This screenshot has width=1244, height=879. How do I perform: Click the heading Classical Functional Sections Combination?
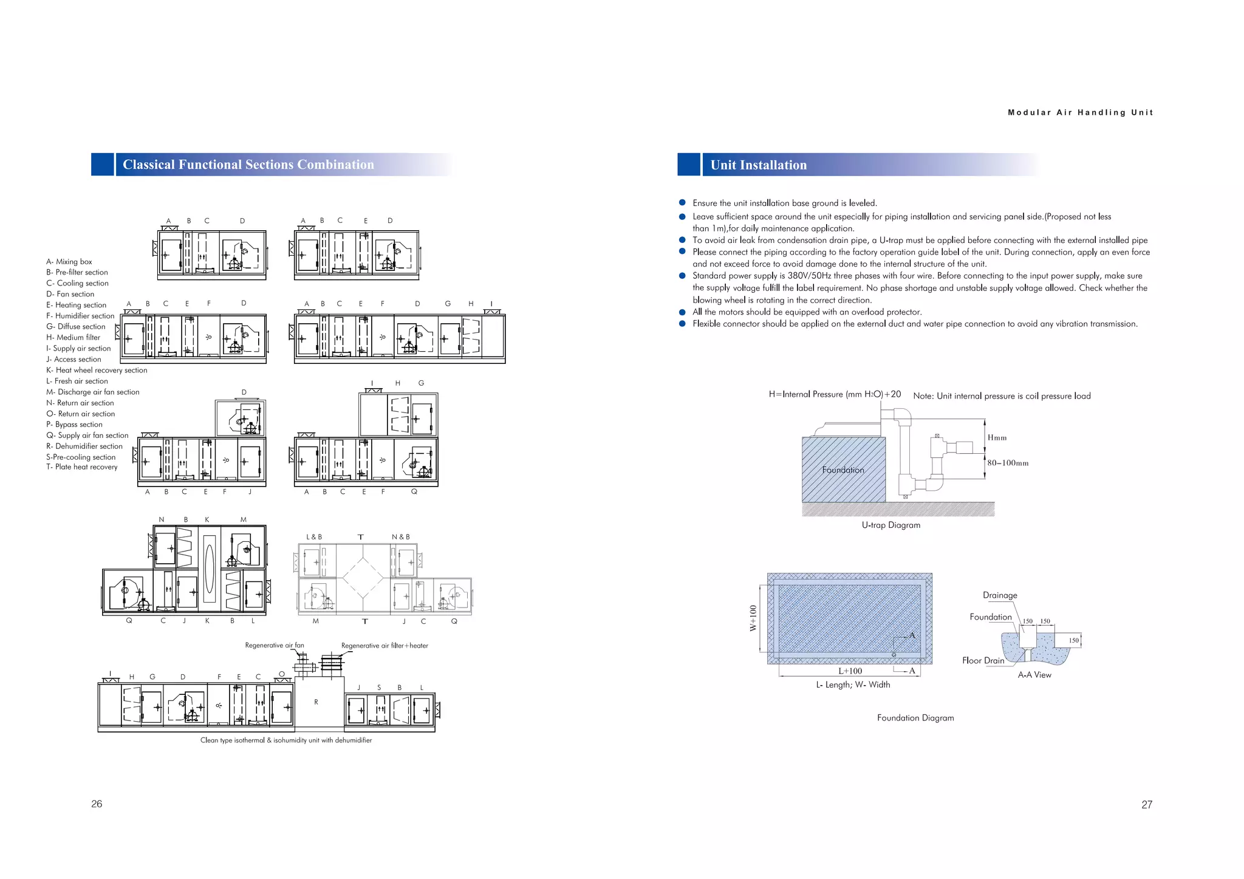(x=248, y=165)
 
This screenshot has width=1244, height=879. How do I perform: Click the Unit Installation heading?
(x=758, y=165)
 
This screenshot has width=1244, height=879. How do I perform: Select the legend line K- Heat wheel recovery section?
(x=97, y=370)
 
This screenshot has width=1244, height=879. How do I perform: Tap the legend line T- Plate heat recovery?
(x=82, y=467)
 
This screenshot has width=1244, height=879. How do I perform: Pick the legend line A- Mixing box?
(x=69, y=262)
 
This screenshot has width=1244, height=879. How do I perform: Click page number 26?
(x=97, y=804)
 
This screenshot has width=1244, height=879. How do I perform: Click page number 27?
(x=1146, y=804)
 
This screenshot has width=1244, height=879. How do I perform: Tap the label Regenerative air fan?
(x=275, y=645)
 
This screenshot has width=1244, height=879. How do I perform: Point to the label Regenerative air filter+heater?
(x=384, y=646)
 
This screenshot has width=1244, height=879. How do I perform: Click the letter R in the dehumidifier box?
(x=316, y=702)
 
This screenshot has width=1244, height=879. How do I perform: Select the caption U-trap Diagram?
(x=890, y=525)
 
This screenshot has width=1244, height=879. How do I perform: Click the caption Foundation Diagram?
(x=915, y=718)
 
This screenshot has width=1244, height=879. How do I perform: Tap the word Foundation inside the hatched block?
(x=842, y=470)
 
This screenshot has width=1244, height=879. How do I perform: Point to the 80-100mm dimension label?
(x=1008, y=463)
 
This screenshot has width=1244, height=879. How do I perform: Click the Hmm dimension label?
(x=997, y=437)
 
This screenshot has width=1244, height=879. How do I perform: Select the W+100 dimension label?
(x=753, y=618)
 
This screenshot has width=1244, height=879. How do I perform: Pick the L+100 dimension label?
(x=850, y=671)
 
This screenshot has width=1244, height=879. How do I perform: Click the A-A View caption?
(x=1034, y=675)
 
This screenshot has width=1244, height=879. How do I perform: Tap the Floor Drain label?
(x=983, y=660)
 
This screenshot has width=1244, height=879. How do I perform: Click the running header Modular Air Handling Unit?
(x=1080, y=112)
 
